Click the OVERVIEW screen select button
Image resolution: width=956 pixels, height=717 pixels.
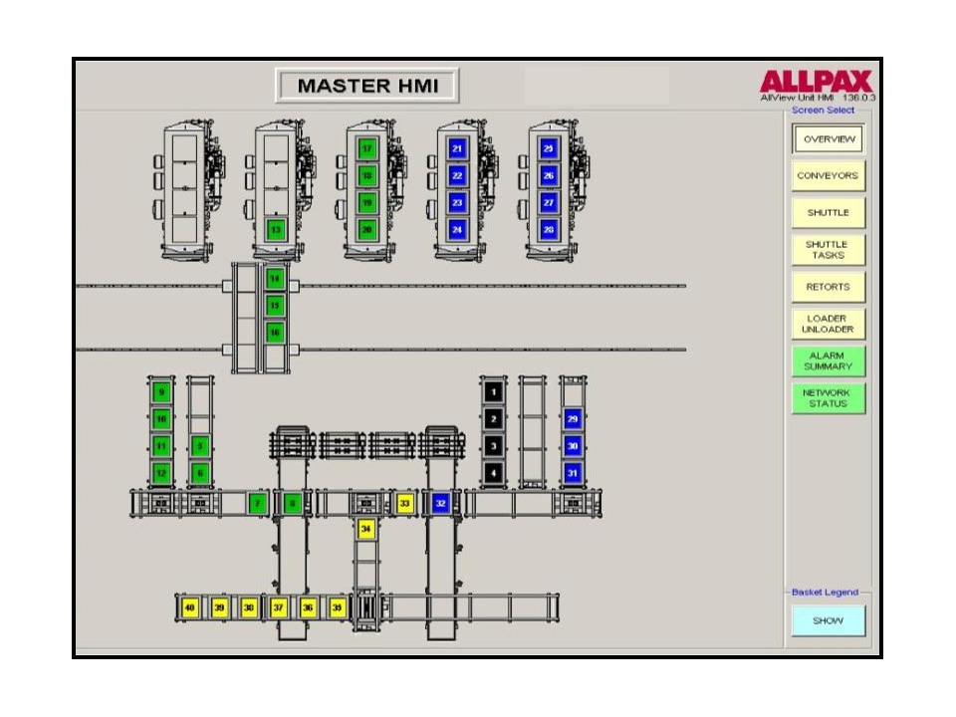pos(828,139)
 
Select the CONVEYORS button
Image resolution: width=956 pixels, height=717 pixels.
pos(828,176)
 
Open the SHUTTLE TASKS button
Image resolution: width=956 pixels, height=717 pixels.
pos(828,250)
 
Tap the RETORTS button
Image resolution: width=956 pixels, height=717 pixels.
pos(828,287)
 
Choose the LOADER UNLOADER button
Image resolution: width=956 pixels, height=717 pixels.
pos(828,324)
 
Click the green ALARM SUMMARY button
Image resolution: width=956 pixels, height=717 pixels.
pos(828,360)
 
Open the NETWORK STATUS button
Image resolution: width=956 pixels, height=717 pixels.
pos(828,397)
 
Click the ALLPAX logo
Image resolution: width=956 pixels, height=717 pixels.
pos(816,82)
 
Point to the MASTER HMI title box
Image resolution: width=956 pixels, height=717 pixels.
pos(366,86)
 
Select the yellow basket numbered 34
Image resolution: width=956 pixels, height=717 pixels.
pos(366,530)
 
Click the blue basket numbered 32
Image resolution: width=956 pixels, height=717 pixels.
pos(440,504)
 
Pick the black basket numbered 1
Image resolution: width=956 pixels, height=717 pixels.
pos(493,392)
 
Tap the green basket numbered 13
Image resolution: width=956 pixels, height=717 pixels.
pos(276,229)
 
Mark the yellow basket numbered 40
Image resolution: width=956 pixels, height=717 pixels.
pos(190,606)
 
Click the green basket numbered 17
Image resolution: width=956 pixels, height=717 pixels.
pos(367,149)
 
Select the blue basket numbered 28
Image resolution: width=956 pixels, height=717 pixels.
pos(549,229)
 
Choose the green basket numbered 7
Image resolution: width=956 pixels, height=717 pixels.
pos(258,504)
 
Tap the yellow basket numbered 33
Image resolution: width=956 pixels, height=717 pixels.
pos(404,504)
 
